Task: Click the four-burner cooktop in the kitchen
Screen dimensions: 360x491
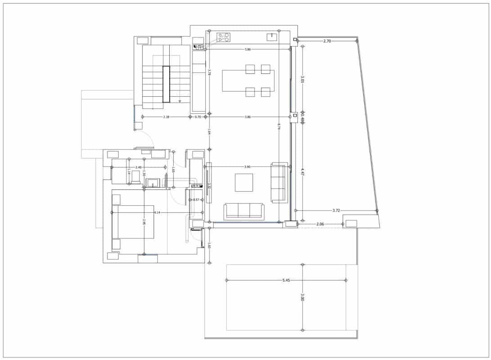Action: [224, 37]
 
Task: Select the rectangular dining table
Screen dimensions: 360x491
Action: [248, 81]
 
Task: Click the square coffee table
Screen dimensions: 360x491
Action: [244, 182]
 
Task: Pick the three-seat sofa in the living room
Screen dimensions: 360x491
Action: [244, 211]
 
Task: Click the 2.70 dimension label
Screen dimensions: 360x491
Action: [327, 41]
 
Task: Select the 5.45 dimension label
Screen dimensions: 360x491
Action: [286, 280]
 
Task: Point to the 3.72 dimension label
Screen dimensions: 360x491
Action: [336, 210]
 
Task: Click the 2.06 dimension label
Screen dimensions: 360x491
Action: [320, 224]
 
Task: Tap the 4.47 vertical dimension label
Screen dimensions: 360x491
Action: [302, 171]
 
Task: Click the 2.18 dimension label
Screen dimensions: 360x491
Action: [166, 117]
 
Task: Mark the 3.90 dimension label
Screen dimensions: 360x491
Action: [247, 167]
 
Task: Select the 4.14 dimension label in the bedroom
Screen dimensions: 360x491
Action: [157, 212]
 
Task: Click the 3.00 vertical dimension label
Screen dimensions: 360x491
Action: [302, 297]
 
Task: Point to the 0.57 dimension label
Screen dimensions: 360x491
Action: [196, 199]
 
